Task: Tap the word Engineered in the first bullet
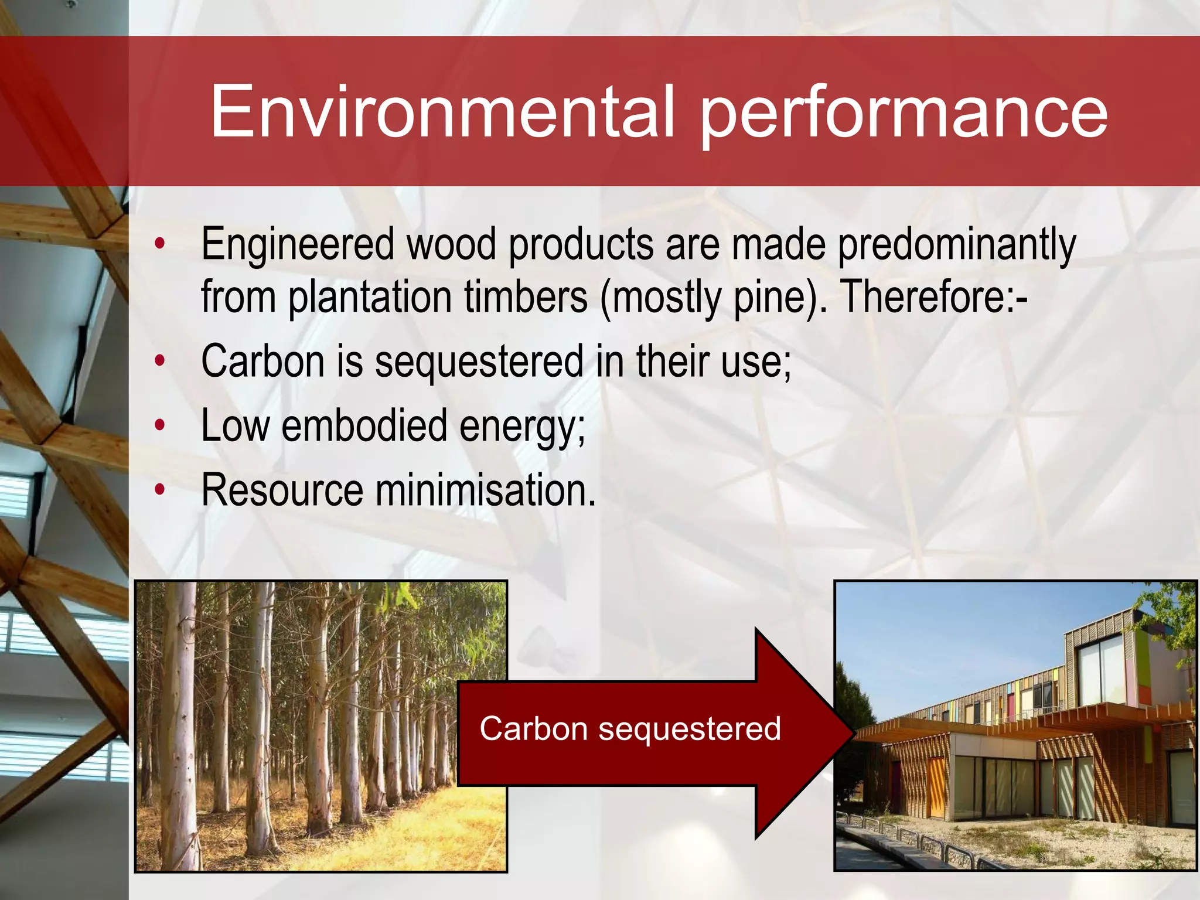(298, 245)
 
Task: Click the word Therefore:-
(934, 296)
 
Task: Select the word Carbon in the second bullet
(262, 362)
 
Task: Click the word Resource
(282, 490)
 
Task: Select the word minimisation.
(485, 490)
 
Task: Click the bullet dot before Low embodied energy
(159, 426)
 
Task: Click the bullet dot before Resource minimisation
(159, 490)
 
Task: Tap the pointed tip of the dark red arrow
(853, 733)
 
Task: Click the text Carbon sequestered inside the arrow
(630, 729)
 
